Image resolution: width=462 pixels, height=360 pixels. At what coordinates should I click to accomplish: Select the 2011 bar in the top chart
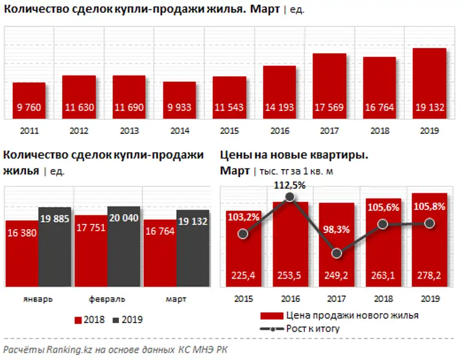[x=29, y=100]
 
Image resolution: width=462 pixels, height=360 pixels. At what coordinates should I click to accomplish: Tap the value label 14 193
[x=280, y=108]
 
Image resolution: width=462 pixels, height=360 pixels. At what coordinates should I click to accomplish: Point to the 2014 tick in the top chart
[x=179, y=131]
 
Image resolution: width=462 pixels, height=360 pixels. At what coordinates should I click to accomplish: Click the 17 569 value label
[x=329, y=108]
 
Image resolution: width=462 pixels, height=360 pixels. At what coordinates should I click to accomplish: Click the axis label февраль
[x=107, y=300]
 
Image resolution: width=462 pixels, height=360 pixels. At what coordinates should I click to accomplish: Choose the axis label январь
[x=38, y=300]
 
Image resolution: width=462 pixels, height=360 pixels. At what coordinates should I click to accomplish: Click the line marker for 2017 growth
[x=338, y=253]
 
